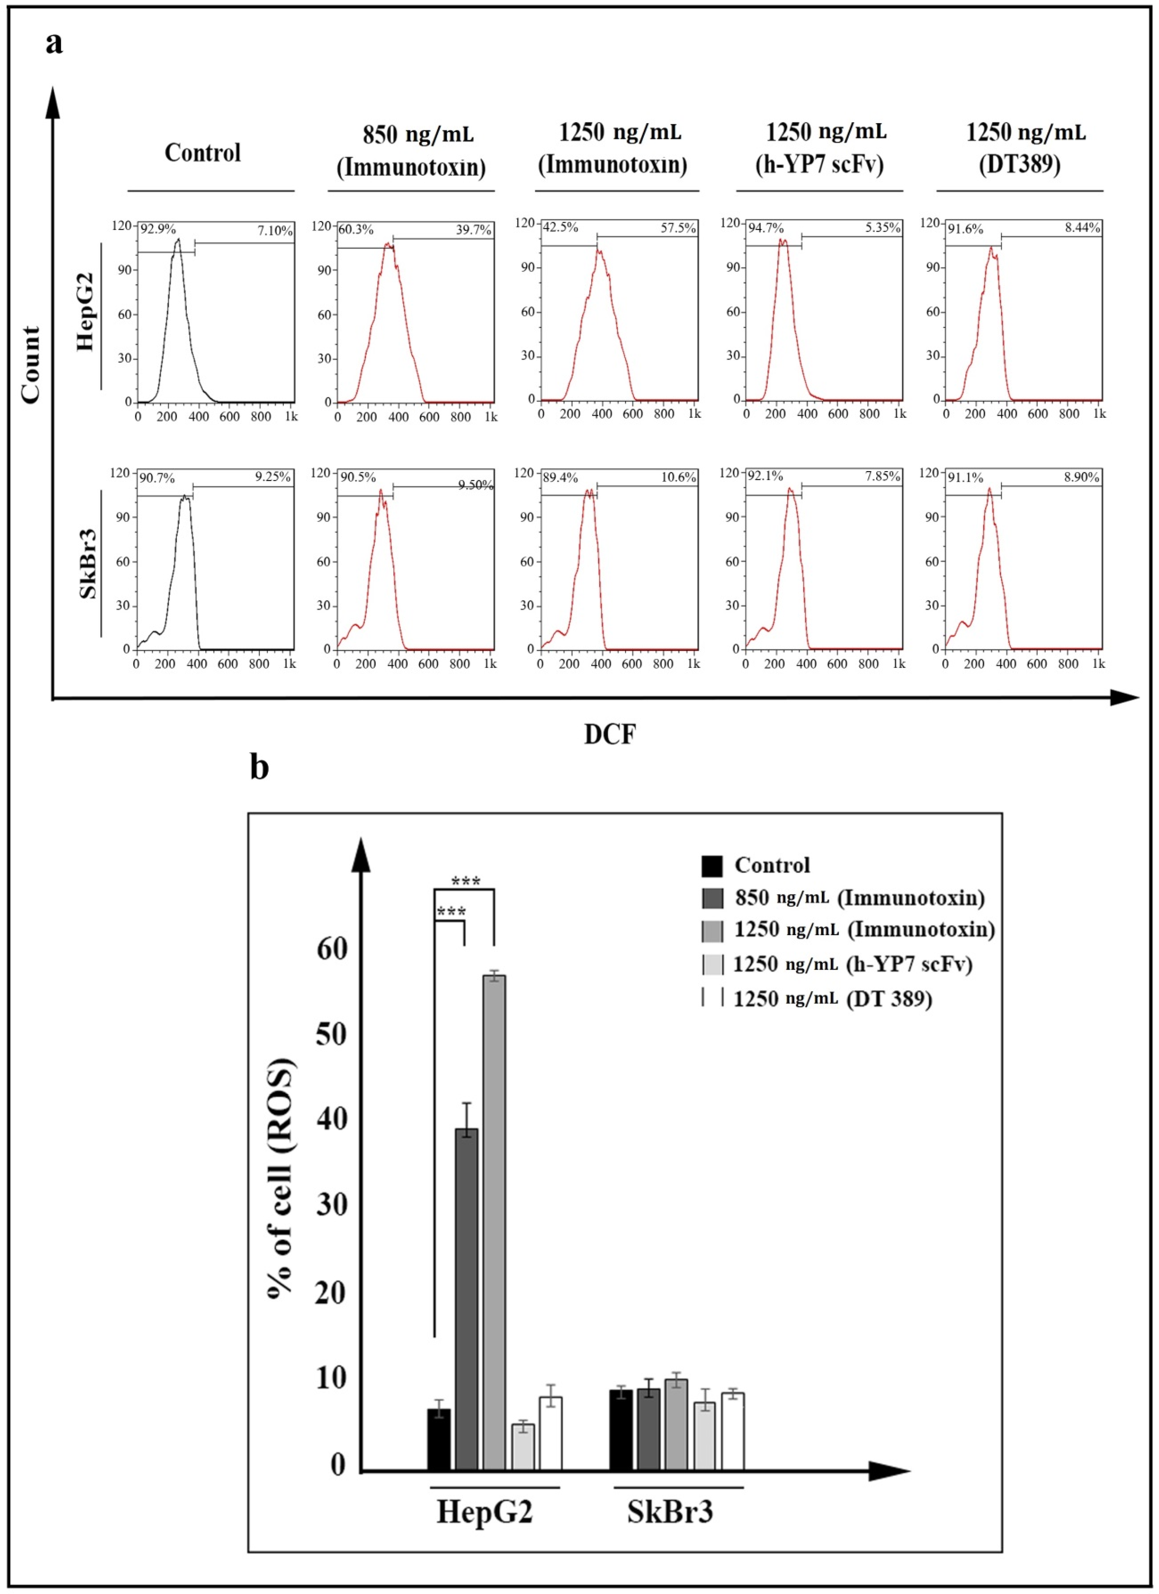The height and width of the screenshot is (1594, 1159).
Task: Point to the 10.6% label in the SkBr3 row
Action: point(678,477)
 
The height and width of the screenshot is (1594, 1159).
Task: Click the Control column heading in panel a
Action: point(202,153)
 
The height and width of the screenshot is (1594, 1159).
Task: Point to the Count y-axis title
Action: point(30,365)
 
